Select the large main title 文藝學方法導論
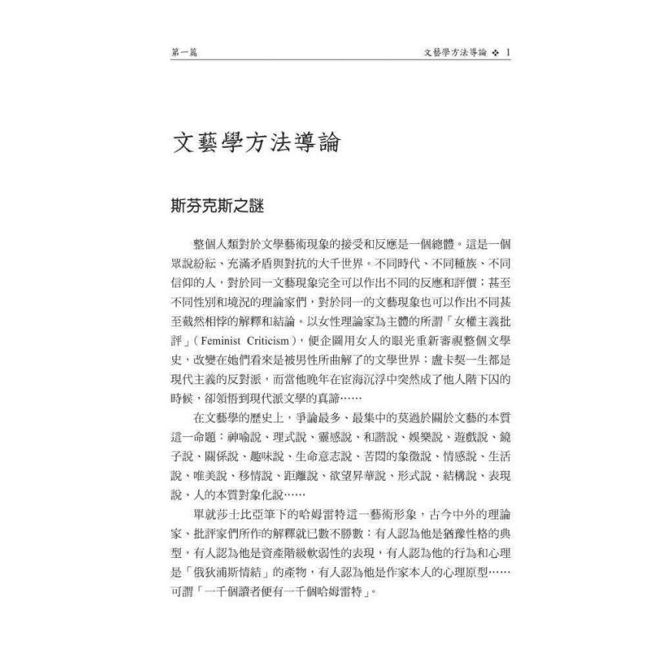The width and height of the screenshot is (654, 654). click(x=257, y=144)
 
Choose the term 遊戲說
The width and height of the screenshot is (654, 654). click(x=456, y=438)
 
